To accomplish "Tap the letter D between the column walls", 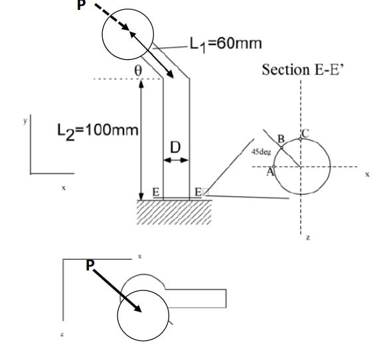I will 176,145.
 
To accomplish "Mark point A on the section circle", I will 271,170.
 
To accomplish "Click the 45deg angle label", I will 260,152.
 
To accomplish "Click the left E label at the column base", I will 156,192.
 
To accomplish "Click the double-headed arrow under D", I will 177,160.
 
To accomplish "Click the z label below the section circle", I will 307,239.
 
